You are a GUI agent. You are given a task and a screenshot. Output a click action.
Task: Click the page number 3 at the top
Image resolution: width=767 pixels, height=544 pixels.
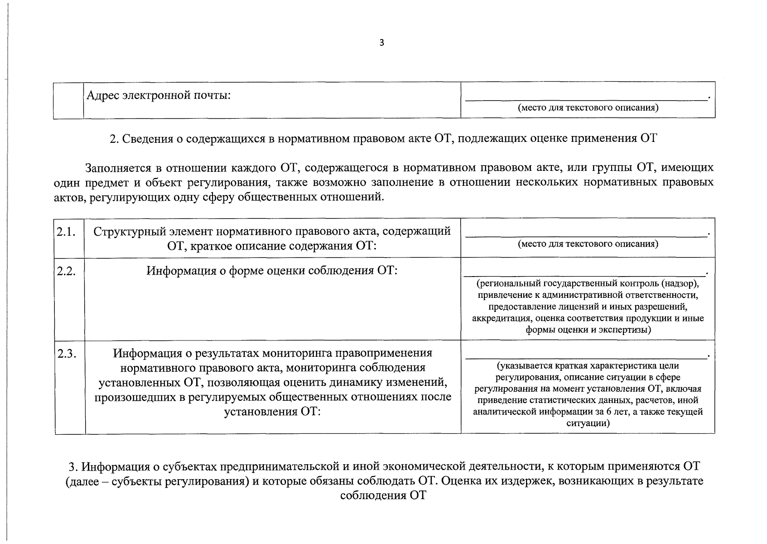point(381,43)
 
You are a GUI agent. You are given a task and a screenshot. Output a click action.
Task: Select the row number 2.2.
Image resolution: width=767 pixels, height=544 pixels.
point(66,271)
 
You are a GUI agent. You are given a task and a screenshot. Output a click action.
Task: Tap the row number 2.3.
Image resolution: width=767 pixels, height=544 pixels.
point(66,354)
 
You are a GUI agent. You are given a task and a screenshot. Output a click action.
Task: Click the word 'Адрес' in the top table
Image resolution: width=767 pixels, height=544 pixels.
point(103,96)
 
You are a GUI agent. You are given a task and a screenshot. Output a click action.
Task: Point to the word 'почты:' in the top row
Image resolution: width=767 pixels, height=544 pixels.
point(213,96)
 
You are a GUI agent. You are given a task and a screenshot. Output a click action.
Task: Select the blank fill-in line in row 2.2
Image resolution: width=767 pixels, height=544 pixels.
point(584,275)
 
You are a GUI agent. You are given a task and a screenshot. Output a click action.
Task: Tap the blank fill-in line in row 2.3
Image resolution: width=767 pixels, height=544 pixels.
point(586,358)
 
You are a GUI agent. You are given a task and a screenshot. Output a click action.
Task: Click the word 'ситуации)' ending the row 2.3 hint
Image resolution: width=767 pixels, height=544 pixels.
point(588,423)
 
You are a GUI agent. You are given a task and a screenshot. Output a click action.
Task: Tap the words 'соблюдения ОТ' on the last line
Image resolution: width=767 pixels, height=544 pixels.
point(383,495)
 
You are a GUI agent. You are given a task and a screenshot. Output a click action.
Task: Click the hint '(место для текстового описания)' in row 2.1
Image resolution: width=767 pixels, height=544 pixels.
point(588,244)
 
